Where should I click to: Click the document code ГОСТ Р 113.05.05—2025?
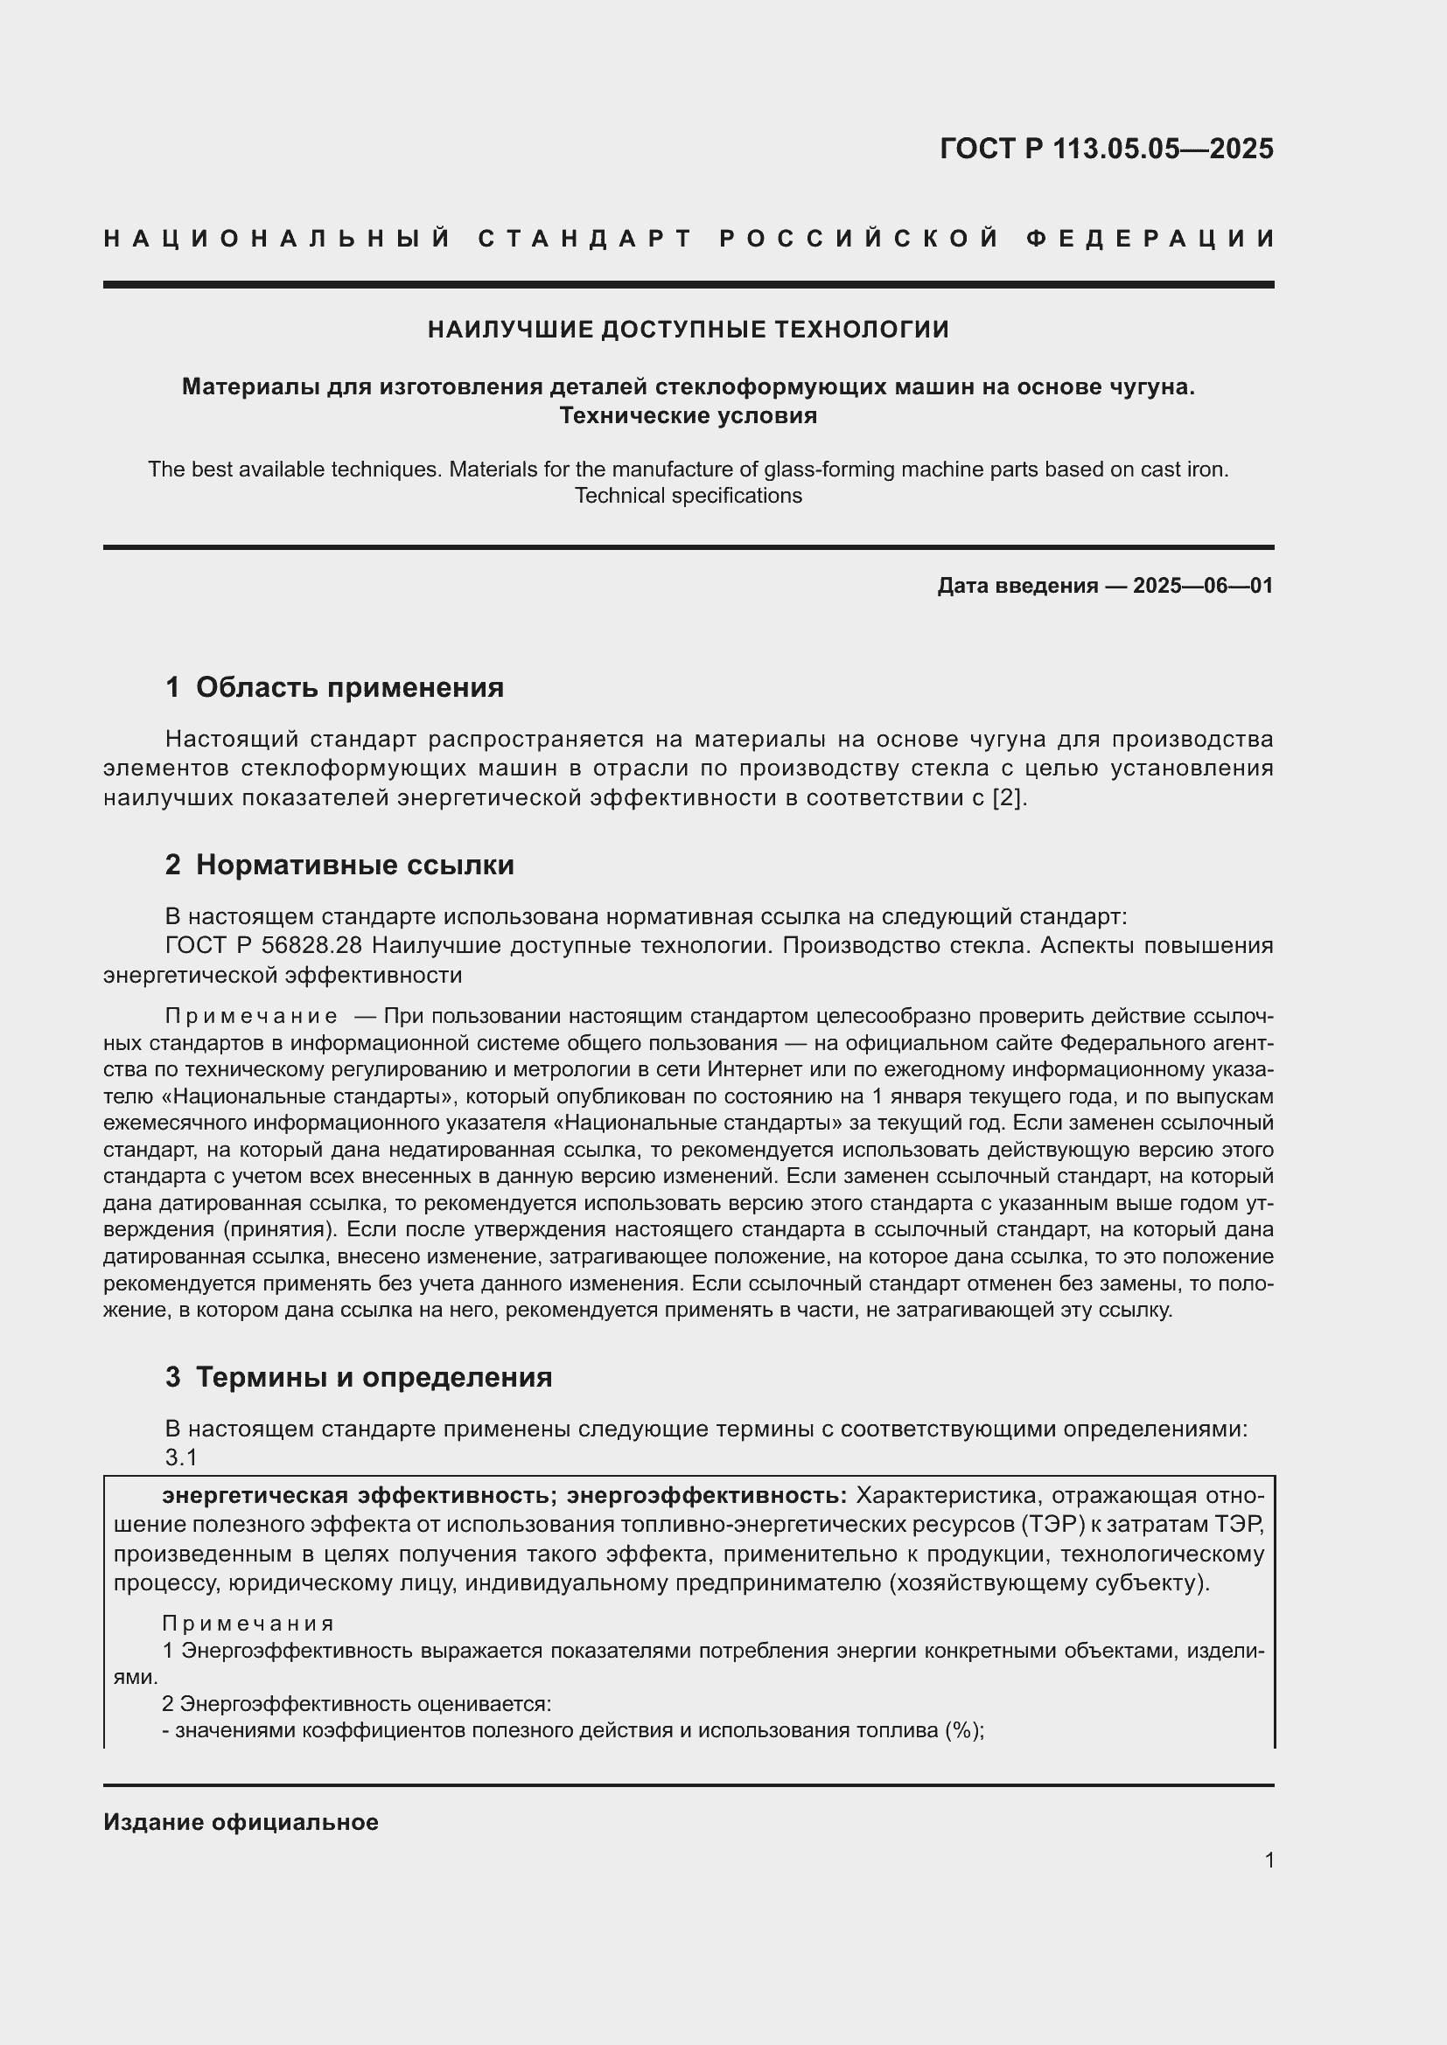tap(1106, 149)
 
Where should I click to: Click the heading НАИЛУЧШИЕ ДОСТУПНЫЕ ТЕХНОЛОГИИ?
tap(688, 330)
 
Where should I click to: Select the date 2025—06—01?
tap(1203, 586)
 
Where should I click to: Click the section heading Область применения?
tap(349, 687)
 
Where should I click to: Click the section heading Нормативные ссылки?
tap(354, 865)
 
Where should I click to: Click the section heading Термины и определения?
tap(374, 1377)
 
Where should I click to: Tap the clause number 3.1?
tap(181, 1457)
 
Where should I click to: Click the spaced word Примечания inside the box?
tap(248, 1624)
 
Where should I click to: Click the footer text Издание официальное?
tap(241, 1822)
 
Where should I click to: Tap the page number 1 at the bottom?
tap(1269, 1861)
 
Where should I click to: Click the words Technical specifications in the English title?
tap(688, 496)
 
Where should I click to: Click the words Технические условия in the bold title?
tap(688, 416)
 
